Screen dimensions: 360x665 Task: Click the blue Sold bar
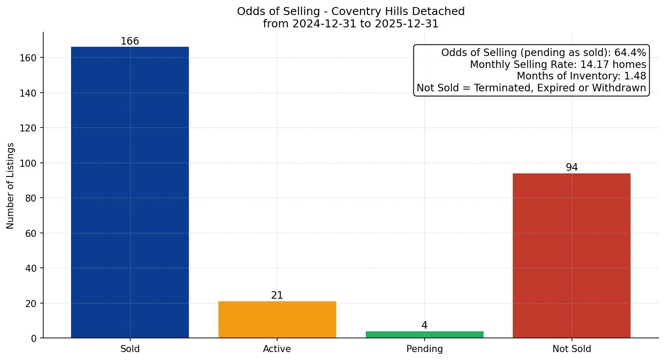tap(130, 192)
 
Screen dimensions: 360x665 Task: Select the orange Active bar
tap(277, 319)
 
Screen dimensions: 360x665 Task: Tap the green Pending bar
tap(425, 334)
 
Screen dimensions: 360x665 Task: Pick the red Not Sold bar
tap(571, 255)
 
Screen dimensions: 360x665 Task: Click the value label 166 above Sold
tap(130, 41)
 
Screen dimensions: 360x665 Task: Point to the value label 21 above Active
tap(277, 296)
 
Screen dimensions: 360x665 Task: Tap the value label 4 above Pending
tap(425, 326)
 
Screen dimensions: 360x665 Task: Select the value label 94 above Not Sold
tap(571, 168)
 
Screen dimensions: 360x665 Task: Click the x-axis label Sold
tap(130, 349)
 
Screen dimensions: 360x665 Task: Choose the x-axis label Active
tap(277, 349)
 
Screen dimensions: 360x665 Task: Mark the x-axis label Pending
tap(425, 349)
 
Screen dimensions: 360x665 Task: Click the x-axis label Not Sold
tap(571, 349)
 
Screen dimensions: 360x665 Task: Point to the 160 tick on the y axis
tap(29, 58)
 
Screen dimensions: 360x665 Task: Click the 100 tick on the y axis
tap(29, 163)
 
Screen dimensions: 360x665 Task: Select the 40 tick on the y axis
tap(31, 268)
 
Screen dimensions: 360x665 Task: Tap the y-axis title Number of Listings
tap(11, 185)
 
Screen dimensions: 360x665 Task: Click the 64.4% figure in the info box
tap(630, 53)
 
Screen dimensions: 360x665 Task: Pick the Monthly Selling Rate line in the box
tap(558, 64)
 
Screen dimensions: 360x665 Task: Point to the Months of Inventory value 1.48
tap(635, 76)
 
